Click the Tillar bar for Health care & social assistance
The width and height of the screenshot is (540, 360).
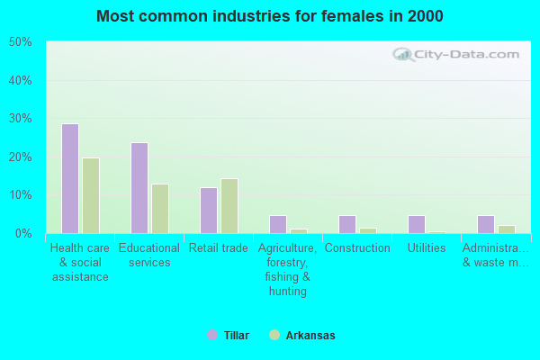(70, 178)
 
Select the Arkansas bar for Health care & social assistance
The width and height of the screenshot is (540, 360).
(91, 195)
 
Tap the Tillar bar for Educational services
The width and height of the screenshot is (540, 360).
(139, 188)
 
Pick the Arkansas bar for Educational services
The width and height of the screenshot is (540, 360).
(160, 209)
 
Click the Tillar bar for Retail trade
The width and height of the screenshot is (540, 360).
(209, 211)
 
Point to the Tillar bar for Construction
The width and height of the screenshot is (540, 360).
(347, 224)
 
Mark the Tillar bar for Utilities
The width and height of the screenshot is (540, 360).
(417, 224)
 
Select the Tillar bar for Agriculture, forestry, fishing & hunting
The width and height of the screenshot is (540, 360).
(278, 224)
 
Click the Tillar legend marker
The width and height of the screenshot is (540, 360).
(212, 335)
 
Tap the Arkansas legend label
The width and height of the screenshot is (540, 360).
(310, 336)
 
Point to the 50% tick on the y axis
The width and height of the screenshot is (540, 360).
(20, 42)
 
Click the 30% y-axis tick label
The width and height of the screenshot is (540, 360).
(20, 119)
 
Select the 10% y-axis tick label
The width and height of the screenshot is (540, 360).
(20, 195)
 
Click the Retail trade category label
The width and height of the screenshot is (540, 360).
(219, 248)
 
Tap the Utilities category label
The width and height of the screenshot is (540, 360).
(427, 248)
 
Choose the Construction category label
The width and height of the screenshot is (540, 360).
(357, 248)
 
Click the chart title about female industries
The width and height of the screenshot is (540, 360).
(270, 16)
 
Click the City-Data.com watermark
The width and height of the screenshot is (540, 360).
(459, 54)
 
